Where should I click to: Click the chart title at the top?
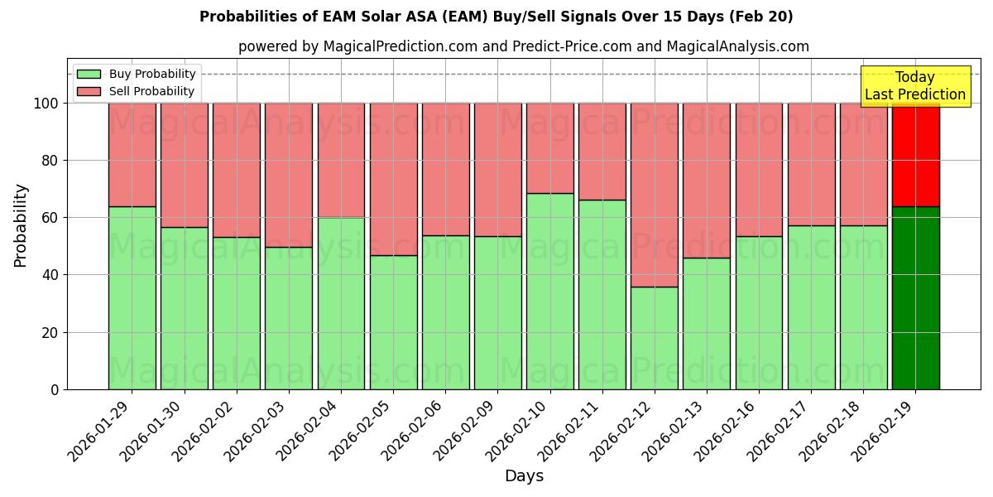pyautogui.click(x=496, y=17)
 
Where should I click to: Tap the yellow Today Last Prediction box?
pyautogui.click(x=914, y=86)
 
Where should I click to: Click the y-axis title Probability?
pyautogui.click(x=21, y=225)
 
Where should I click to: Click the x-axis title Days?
pyautogui.click(x=524, y=476)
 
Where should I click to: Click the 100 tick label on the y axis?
pyautogui.click(x=46, y=104)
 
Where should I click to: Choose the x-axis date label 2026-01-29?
pyautogui.click(x=102, y=431)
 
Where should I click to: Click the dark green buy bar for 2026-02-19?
pyautogui.click(x=915, y=298)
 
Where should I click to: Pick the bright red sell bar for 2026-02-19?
pyautogui.click(x=915, y=154)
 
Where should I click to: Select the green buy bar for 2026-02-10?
pyautogui.click(x=549, y=292)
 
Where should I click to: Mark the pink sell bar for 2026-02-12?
pyautogui.click(x=654, y=195)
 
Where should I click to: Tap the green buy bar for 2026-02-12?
pyautogui.click(x=654, y=338)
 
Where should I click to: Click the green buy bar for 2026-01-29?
pyautogui.click(x=132, y=298)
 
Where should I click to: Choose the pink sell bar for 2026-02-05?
pyautogui.click(x=393, y=179)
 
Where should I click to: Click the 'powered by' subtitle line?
pyautogui.click(x=523, y=46)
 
